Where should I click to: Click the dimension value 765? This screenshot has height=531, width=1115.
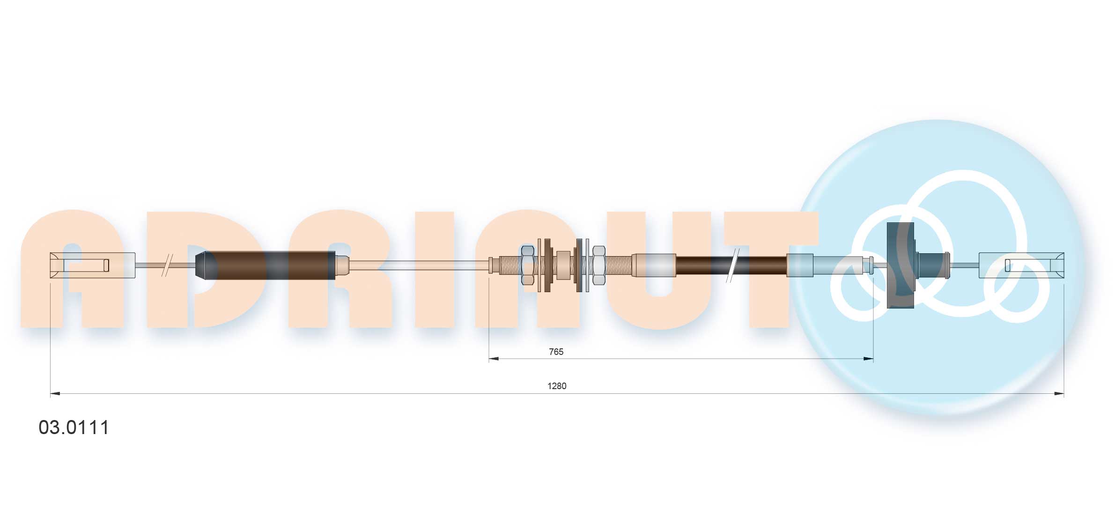click(556, 352)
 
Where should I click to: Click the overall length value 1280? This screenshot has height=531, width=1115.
click(557, 386)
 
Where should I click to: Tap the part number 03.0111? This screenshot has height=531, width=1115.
click(74, 428)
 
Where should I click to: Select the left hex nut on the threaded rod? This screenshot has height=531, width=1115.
click(528, 265)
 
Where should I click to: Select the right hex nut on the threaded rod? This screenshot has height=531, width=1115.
click(599, 265)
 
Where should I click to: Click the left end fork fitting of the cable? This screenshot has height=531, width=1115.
click(93, 265)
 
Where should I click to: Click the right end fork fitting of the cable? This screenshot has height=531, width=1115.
click(1021, 265)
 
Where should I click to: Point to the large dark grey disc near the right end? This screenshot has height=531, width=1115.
click(901, 265)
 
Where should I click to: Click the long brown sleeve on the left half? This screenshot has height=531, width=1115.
click(271, 265)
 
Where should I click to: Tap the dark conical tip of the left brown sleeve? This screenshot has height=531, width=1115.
click(201, 265)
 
